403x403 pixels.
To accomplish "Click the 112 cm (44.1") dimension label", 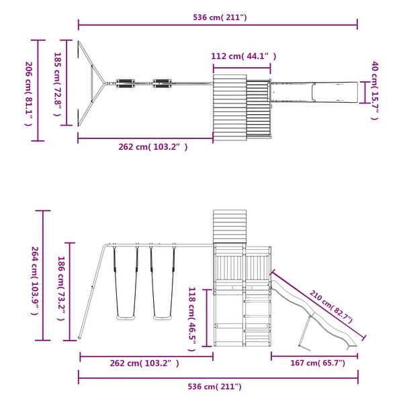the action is point(243,56).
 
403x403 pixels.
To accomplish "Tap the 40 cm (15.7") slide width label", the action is point(375,91).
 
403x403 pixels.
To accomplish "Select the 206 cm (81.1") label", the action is point(28,94).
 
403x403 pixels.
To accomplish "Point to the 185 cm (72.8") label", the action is point(57,85).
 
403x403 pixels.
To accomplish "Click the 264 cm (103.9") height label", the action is point(35,281).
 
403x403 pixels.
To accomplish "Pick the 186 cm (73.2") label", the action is point(61,288).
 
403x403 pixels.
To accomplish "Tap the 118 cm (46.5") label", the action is point(192,319).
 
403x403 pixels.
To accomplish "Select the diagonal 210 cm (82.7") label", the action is point(331,306).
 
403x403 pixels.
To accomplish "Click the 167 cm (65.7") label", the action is point(318,363).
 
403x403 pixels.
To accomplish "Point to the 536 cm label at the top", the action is point(220,17).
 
